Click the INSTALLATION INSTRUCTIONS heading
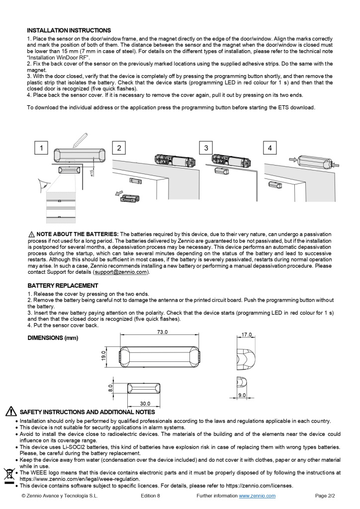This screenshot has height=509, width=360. tap(69, 30)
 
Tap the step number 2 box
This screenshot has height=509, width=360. tap(119, 148)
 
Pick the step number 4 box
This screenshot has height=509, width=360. tap(270, 148)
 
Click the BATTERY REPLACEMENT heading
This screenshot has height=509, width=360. tap(62, 286)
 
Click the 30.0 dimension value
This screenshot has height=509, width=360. tap(145, 404)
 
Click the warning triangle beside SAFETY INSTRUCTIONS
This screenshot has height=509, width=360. tap(10, 412)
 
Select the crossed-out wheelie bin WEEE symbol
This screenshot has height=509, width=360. tap(8, 474)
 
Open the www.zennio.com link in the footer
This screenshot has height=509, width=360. tap(257, 496)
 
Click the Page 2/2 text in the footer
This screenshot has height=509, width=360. tap(326, 496)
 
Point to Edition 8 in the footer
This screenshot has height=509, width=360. tap(150, 496)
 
